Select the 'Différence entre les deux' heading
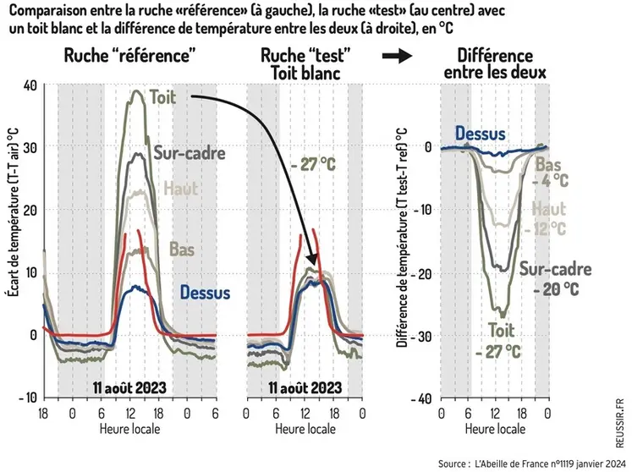click(x=495, y=64)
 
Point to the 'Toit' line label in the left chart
click(x=162, y=97)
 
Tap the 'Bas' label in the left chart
click(x=182, y=250)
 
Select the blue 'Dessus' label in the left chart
click(x=205, y=293)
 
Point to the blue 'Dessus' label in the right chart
click(x=480, y=133)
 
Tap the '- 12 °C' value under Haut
click(x=550, y=228)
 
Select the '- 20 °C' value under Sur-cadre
click(x=556, y=288)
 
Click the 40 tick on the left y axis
click(x=30, y=85)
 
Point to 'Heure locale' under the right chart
click(x=493, y=430)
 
